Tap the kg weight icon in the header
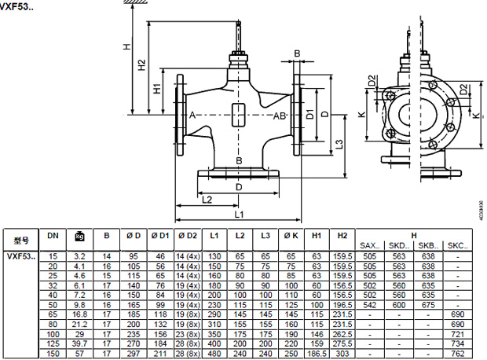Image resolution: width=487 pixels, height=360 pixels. [x=79, y=235]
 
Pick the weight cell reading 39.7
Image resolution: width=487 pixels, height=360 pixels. [x=79, y=343]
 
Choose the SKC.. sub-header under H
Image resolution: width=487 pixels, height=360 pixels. [x=457, y=246]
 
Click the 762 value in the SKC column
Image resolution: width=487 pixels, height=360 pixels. [x=457, y=354]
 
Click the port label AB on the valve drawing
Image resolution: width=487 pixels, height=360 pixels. [x=279, y=116]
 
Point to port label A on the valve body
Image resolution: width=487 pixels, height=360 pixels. [x=191, y=116]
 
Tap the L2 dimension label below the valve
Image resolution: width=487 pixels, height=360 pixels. [x=206, y=200]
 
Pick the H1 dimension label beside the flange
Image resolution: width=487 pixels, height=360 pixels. [x=157, y=90]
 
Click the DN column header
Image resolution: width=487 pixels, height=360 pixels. [x=53, y=235]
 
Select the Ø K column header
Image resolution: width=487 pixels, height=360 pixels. [x=291, y=235]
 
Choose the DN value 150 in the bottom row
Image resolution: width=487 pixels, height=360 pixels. [x=53, y=354]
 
